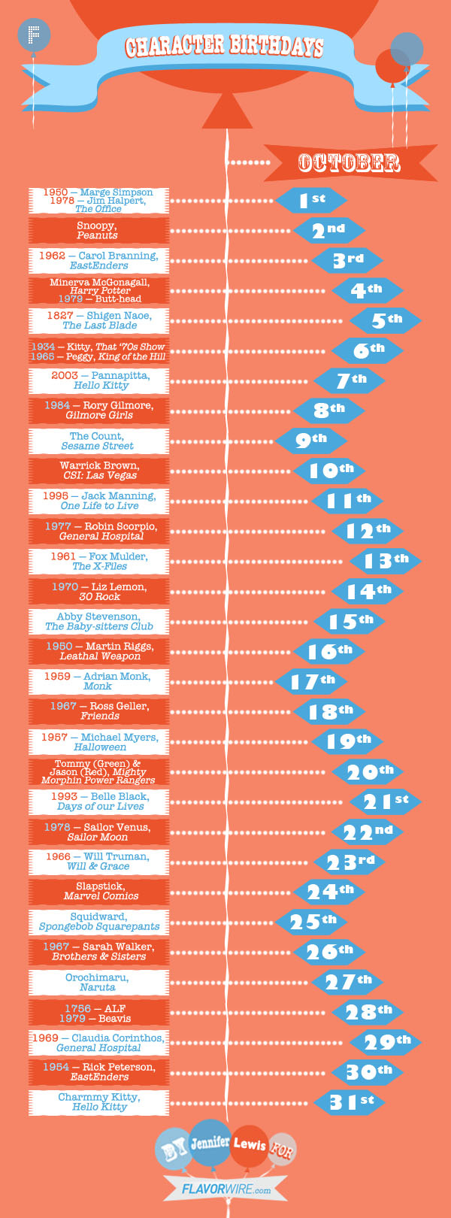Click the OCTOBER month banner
(x=350, y=162)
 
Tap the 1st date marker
(x=311, y=200)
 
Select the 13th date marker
(x=386, y=561)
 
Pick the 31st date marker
(x=350, y=1102)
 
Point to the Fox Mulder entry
(x=99, y=561)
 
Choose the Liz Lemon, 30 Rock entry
(x=99, y=592)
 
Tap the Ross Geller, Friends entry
(x=99, y=711)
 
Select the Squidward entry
(x=99, y=922)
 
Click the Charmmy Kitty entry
(x=99, y=1102)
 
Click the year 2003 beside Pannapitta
(x=65, y=375)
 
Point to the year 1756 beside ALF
(x=77, y=1007)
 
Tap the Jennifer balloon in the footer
(x=210, y=1143)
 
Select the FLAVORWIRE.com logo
(x=226, y=1189)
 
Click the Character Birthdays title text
(x=224, y=47)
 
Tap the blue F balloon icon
(x=35, y=35)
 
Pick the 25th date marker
(x=311, y=922)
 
